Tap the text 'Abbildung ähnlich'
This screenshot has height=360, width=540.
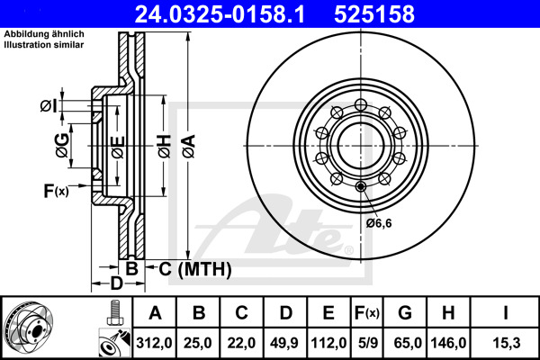click(44, 34)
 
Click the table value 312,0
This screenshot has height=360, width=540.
click(155, 343)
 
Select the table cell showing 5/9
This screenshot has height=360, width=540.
click(365, 343)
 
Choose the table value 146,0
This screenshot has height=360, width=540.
click(450, 343)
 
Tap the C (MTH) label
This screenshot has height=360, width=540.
click(190, 269)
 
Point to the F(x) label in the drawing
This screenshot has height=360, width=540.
click(54, 190)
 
